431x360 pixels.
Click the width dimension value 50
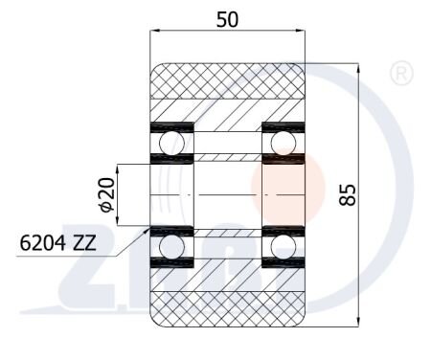(x=227, y=19)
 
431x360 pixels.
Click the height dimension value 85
(x=348, y=194)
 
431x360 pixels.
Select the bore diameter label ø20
(x=107, y=194)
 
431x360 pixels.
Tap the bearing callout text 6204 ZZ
(x=57, y=243)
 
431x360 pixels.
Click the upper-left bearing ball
(x=172, y=143)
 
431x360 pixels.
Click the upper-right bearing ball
(x=284, y=143)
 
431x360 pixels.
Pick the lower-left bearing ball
(x=172, y=247)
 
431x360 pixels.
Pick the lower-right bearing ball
(x=284, y=247)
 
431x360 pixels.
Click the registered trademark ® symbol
(x=401, y=74)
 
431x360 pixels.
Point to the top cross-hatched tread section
(x=228, y=81)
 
